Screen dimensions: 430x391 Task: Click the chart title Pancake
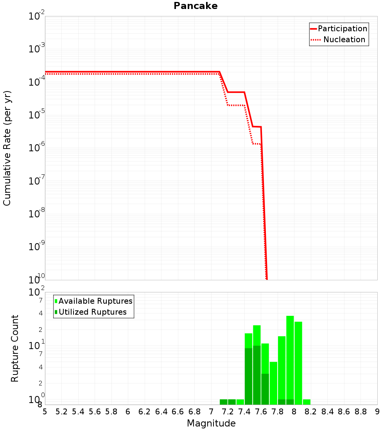(x=195, y=6)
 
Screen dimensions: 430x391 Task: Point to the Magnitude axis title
(x=211, y=423)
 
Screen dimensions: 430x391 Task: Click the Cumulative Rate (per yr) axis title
(x=7, y=148)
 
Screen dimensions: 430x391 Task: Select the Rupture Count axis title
(x=15, y=348)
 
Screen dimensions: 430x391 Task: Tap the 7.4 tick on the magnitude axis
(x=244, y=412)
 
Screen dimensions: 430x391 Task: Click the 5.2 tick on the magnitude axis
(x=62, y=412)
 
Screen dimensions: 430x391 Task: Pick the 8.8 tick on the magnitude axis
(x=361, y=412)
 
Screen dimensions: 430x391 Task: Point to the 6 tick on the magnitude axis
(x=128, y=412)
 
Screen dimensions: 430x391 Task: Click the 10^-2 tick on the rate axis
(x=37, y=16)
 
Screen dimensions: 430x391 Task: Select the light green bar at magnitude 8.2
(x=307, y=402)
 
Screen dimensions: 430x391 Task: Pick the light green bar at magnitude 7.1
(x=224, y=402)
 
